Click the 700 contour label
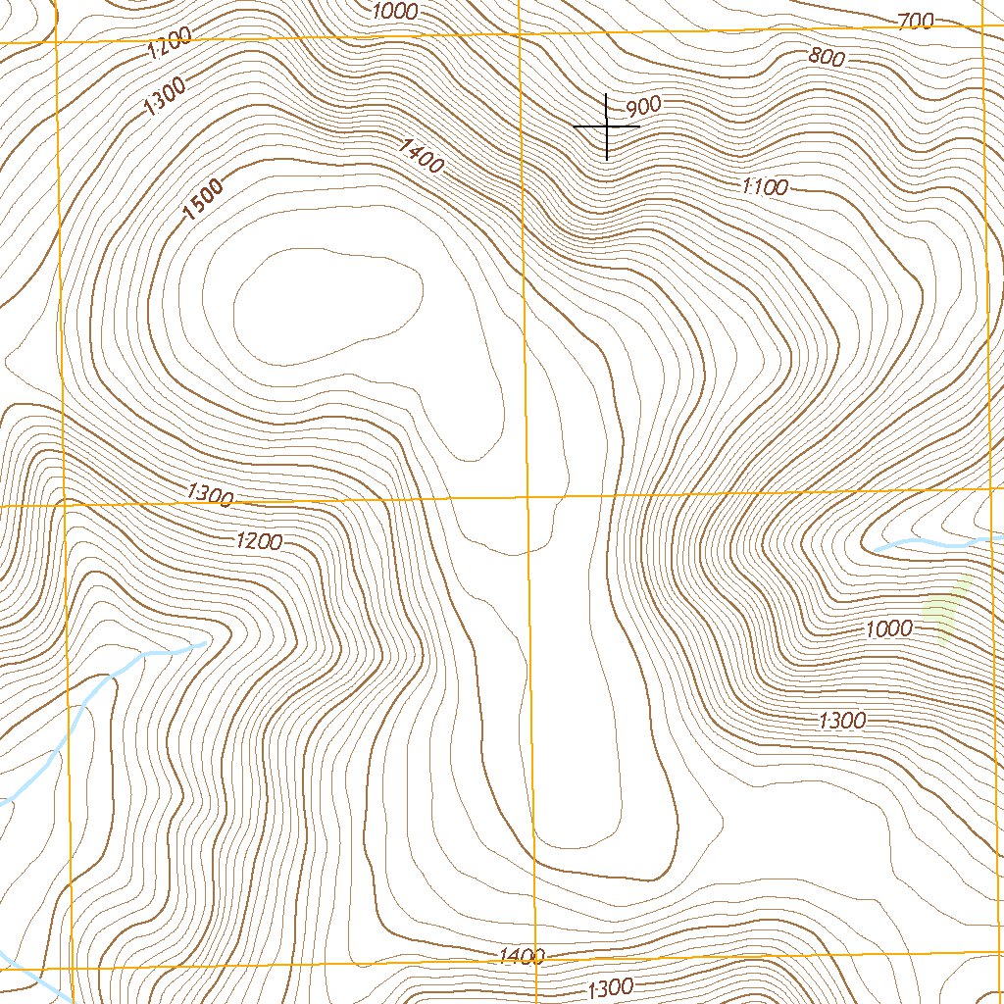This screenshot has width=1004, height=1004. [915, 21]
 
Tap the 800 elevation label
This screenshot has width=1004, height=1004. [827, 57]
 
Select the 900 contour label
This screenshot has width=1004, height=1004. [643, 106]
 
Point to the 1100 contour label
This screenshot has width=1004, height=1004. [764, 185]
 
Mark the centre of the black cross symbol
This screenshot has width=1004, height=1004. [607, 126]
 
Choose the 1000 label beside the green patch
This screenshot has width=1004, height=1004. [888, 628]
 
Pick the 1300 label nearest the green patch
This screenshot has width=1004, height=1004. [841, 721]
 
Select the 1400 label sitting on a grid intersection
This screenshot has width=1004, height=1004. [522, 955]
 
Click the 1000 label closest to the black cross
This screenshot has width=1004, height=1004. [396, 11]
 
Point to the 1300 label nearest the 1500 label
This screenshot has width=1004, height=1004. [164, 96]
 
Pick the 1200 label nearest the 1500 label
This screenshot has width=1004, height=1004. [170, 45]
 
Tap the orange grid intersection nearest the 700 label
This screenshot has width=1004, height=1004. [982, 25]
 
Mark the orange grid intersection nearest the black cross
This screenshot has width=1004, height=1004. [518, 32]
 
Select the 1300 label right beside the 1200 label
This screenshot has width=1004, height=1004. [209, 496]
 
